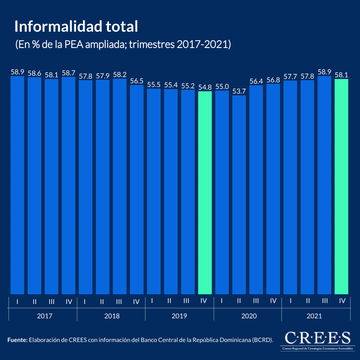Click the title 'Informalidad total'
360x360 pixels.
[x=76, y=27]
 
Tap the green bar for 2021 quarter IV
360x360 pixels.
[x=341, y=187]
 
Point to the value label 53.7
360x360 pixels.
[x=239, y=91]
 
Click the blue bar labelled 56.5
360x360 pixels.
[x=137, y=190]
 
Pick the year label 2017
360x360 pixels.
[x=45, y=316]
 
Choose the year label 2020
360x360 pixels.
[x=249, y=316]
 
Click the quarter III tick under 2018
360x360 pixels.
[x=119, y=301]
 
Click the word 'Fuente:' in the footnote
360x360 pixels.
[x=17, y=340]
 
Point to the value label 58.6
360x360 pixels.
[x=34, y=73]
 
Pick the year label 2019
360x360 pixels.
[x=179, y=316]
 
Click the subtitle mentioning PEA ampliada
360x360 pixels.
[x=123, y=44]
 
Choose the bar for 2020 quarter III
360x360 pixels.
[x=256, y=190]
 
